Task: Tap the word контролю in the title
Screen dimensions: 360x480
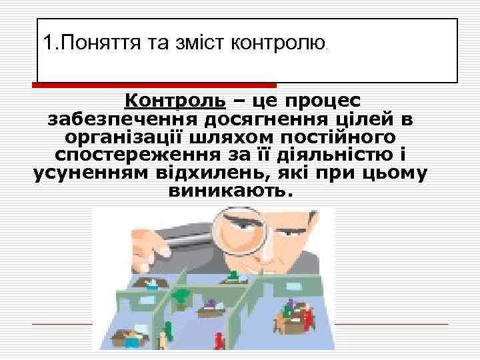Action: tap(277, 43)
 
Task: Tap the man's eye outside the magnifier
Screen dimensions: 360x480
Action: tap(288, 230)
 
